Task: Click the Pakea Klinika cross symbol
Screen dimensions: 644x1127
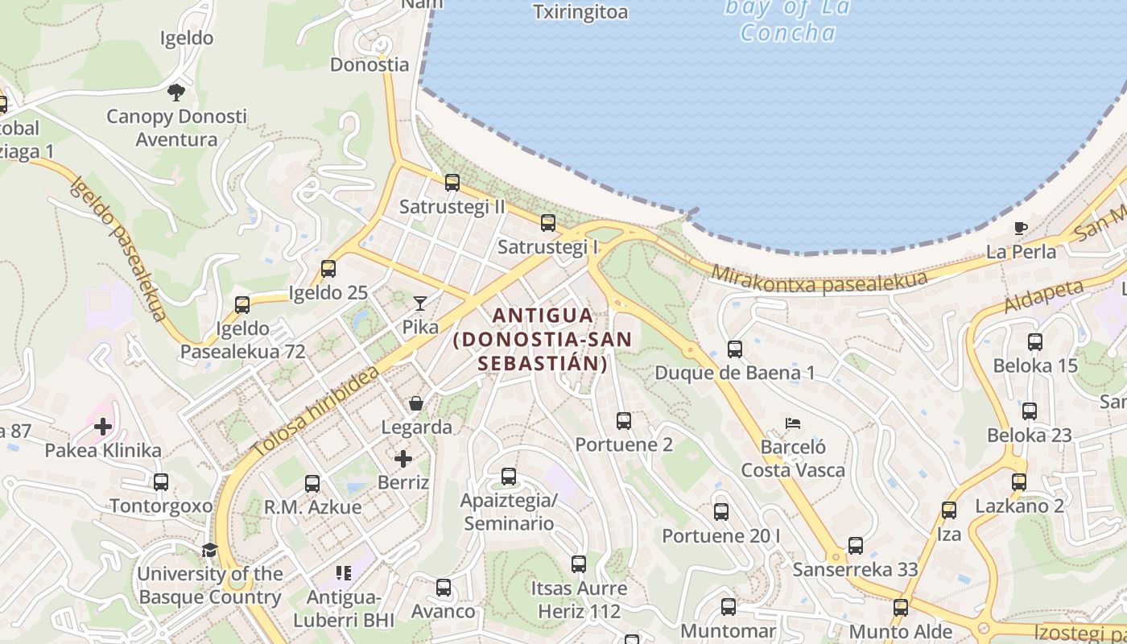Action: (103, 427)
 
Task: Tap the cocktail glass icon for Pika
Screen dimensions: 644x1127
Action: (420, 303)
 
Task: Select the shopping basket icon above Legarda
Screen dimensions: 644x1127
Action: (416, 403)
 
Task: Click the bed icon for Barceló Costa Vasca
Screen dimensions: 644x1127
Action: (793, 423)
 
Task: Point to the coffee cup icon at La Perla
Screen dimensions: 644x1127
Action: (1021, 228)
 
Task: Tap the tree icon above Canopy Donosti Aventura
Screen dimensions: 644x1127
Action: (176, 93)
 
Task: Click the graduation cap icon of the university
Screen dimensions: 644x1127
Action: (209, 550)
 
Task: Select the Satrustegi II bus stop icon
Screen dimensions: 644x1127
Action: (452, 183)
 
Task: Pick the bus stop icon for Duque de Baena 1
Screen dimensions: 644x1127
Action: (735, 349)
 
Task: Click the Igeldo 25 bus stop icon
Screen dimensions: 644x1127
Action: (328, 269)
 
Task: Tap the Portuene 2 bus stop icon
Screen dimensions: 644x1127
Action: (624, 420)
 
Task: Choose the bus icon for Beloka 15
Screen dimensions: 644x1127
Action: (1035, 342)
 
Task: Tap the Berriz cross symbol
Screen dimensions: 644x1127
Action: (403, 459)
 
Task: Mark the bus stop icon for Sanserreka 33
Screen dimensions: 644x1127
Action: (856, 546)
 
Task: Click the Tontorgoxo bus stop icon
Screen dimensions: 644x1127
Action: (161, 482)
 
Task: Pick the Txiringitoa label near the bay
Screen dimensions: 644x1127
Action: (580, 12)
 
